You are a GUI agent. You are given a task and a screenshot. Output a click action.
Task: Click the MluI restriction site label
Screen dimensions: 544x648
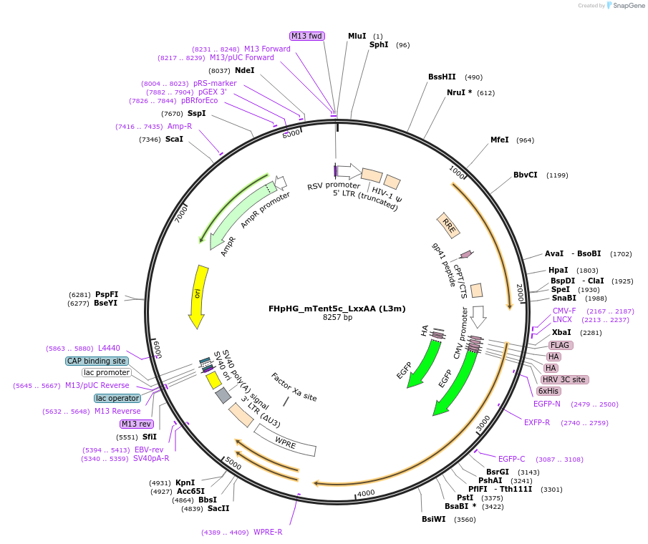click(357, 36)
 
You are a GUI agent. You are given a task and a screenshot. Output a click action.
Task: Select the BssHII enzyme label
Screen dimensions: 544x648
click(442, 77)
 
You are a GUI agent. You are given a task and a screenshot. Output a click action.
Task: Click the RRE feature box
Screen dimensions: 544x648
click(449, 225)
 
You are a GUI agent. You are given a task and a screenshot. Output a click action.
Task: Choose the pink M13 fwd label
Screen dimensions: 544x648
click(307, 36)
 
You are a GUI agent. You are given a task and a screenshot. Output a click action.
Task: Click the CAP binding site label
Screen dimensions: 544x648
click(97, 361)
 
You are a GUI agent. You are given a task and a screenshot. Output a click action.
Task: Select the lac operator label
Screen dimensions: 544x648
click(117, 398)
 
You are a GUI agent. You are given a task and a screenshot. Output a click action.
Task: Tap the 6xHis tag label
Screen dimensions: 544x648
click(548, 391)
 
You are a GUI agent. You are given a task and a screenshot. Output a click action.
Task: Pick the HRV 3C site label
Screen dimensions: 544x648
click(564, 379)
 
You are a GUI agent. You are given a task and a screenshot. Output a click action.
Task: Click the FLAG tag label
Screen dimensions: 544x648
click(560, 345)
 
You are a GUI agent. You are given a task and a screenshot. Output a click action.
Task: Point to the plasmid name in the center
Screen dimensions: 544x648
click(337, 309)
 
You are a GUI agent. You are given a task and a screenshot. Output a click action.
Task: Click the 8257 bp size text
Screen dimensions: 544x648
click(337, 317)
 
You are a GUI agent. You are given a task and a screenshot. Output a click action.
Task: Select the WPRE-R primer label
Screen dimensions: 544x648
click(268, 532)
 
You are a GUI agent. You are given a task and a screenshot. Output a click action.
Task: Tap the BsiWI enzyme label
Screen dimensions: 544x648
click(433, 519)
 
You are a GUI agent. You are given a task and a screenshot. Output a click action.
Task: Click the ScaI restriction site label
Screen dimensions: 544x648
click(174, 139)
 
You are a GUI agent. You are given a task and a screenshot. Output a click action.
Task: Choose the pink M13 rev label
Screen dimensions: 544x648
click(137, 424)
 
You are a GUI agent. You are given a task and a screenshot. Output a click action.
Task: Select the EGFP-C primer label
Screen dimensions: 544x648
click(511, 459)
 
